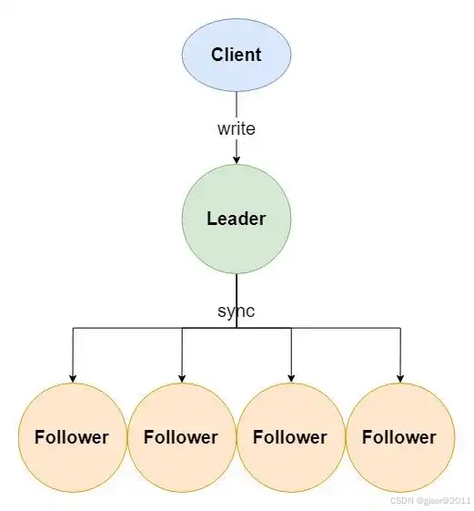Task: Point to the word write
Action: tap(237, 128)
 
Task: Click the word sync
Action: tap(237, 312)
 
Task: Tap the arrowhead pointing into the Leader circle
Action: tap(237, 159)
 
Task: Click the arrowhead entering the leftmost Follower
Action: tap(73, 378)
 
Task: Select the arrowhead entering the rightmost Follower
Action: tap(400, 378)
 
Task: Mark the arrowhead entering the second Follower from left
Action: tap(182, 378)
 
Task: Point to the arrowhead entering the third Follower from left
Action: tap(291, 378)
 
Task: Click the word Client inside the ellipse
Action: tap(237, 55)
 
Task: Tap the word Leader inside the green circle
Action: tap(237, 219)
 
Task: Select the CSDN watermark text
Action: tap(431, 501)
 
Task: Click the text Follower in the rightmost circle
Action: tap(399, 437)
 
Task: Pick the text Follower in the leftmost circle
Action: tap(72, 437)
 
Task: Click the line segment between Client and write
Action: tap(237, 106)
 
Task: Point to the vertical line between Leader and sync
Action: tap(237, 289)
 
